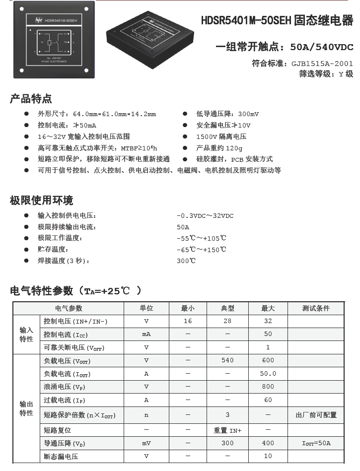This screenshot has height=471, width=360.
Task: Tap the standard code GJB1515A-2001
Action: click(322, 64)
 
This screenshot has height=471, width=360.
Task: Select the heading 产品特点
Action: click(31, 99)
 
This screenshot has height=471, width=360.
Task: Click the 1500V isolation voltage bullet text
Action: click(221, 136)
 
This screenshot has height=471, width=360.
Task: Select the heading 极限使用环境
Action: click(41, 201)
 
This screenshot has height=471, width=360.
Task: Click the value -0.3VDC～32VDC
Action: click(205, 216)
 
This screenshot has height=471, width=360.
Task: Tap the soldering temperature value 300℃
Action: click(186, 261)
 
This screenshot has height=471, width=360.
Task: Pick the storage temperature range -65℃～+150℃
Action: click(202, 250)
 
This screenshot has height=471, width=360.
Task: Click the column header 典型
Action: click(227, 308)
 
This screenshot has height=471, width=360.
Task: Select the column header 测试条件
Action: click(316, 308)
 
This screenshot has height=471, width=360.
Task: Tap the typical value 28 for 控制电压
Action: click(227, 321)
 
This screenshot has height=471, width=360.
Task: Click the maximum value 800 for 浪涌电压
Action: click(268, 386)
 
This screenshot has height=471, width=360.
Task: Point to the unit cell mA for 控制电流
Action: click(146, 334)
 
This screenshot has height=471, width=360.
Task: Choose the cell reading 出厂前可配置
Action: click(316, 415)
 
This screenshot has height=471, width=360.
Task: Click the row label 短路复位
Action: click(58, 430)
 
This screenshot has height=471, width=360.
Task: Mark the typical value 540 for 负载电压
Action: click(227, 360)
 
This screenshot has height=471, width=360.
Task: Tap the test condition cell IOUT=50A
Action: click(316, 443)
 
